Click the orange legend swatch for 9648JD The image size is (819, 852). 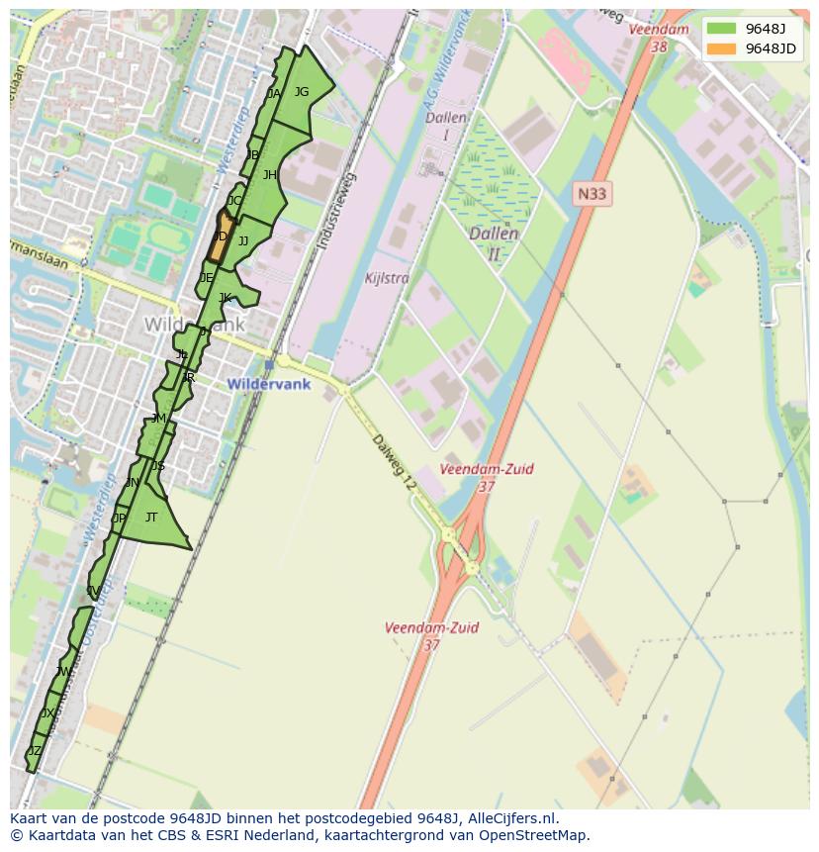coord(722,49)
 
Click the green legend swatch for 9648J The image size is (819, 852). coord(722,28)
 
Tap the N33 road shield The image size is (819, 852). coord(591,194)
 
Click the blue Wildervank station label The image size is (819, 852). coord(268,384)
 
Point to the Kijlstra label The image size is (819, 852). coord(386,278)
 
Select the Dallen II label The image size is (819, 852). coord(494,243)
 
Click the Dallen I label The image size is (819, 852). coord(445,125)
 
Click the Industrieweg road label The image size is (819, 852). coord(336,210)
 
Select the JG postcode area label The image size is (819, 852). coord(302,92)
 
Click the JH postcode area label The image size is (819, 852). coord(269,175)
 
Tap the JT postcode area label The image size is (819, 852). coord(151,517)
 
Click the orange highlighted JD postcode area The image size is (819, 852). coord(220,237)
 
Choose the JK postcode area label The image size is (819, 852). coord(226,298)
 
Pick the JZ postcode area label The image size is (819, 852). coord(35,751)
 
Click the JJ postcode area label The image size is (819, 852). coord(243,240)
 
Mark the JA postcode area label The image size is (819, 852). coord(274,94)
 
